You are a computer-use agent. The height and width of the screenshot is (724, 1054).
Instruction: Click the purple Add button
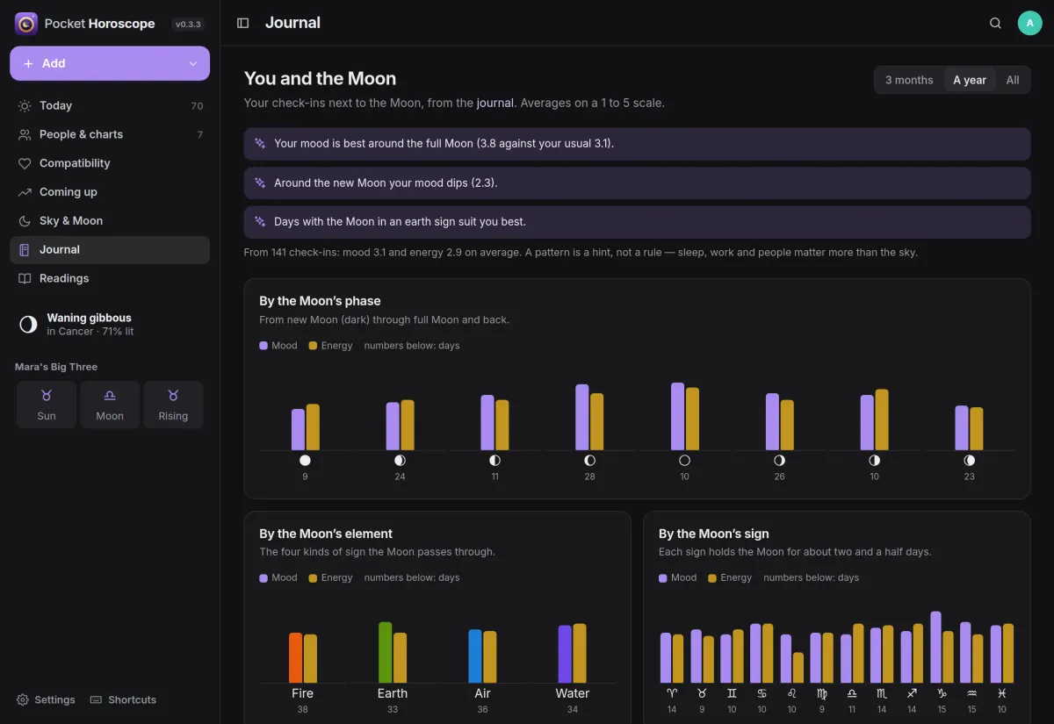click(x=110, y=63)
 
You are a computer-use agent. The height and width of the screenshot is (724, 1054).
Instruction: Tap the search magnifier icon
click(x=995, y=23)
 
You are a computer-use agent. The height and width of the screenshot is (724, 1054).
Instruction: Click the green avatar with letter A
click(x=1029, y=23)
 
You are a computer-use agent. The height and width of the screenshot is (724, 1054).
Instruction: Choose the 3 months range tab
click(x=909, y=81)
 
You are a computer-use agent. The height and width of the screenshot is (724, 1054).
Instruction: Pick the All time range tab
click(x=1013, y=81)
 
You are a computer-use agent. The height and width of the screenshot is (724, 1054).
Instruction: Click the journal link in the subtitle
click(x=495, y=103)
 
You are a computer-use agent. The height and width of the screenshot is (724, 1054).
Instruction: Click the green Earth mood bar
click(x=385, y=652)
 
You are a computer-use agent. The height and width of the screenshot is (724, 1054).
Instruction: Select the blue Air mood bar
click(x=475, y=656)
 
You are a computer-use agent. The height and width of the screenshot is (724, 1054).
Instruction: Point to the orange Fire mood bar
click(x=295, y=657)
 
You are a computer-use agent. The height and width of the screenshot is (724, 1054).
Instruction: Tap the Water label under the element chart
click(x=572, y=693)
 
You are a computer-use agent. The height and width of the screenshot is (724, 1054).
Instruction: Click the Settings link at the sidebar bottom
click(x=46, y=699)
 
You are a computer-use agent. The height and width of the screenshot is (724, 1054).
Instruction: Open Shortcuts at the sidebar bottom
click(x=123, y=699)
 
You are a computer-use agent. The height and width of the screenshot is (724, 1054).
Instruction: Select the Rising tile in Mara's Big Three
click(x=173, y=405)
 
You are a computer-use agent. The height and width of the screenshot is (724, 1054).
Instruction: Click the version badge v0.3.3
click(x=188, y=24)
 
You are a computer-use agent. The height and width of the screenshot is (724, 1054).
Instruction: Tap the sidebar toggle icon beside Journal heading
click(x=242, y=23)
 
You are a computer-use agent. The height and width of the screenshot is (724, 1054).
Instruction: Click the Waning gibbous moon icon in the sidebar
click(x=28, y=325)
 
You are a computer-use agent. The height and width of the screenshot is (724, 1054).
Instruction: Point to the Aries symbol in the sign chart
click(x=672, y=693)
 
